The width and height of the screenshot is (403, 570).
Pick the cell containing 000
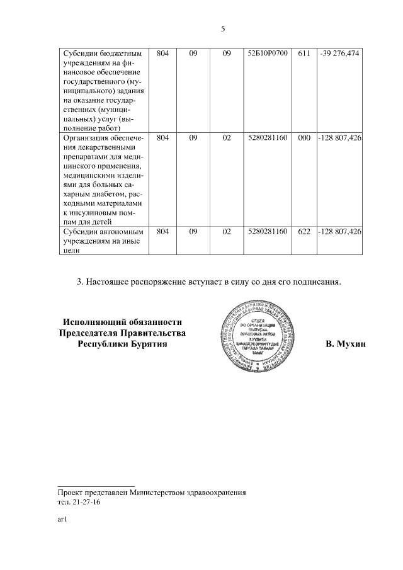304,137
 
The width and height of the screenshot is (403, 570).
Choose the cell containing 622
304,232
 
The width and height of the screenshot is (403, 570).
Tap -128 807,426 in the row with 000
339,137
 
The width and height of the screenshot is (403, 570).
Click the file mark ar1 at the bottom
62,520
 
